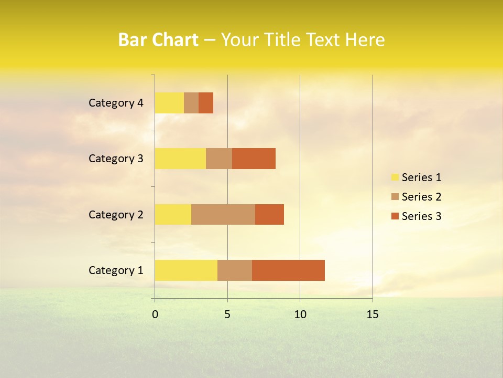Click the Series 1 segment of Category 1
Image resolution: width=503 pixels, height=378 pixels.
point(186,270)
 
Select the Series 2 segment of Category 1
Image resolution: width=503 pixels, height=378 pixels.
point(235,270)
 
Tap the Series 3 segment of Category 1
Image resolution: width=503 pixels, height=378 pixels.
point(288,270)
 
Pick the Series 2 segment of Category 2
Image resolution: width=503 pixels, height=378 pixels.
point(223,214)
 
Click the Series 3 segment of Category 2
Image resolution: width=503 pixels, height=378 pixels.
point(269,214)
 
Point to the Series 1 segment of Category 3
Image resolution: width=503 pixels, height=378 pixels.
point(180,159)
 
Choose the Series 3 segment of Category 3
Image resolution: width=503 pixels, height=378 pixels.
point(254,159)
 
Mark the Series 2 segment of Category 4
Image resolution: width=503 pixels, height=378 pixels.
point(191,103)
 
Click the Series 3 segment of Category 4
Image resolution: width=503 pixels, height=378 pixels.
point(206,103)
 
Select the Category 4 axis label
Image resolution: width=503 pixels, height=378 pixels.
point(116,103)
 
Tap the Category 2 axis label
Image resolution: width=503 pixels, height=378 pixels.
point(116,214)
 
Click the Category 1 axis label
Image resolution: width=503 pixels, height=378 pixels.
point(116,270)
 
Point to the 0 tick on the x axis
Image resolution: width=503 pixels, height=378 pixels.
point(155,314)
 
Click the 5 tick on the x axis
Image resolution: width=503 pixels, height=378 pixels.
point(227,314)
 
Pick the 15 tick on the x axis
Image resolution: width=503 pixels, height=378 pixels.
point(372,314)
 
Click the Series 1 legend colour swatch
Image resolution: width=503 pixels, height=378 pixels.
point(395,177)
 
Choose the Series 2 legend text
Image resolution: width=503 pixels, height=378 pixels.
point(421,197)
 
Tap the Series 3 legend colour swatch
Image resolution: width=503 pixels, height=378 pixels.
point(395,216)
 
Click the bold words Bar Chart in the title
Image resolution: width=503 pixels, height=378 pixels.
point(158,40)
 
